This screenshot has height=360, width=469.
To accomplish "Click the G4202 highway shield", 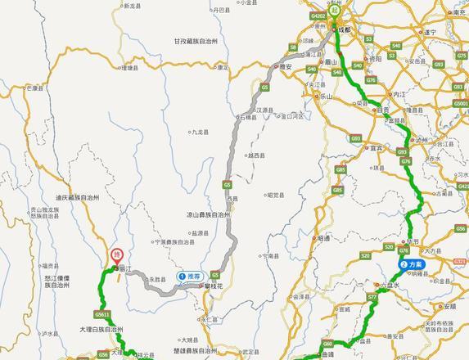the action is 318,15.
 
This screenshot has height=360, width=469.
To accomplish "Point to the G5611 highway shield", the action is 101,313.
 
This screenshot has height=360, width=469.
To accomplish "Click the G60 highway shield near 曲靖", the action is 327,344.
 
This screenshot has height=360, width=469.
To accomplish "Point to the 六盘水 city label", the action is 394,285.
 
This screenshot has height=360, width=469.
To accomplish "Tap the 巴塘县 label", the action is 34,86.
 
